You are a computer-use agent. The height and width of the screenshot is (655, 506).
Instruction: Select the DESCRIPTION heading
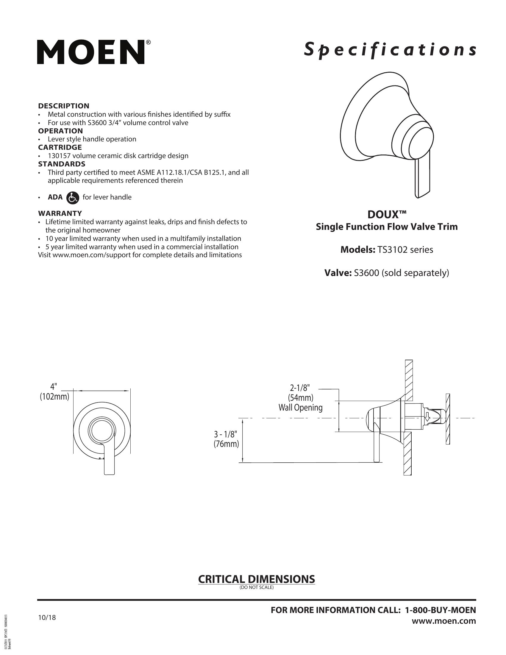coord(64,106)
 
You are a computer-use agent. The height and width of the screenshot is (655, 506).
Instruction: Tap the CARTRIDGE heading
coord(60,147)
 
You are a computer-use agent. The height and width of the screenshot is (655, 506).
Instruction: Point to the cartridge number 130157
coord(58,156)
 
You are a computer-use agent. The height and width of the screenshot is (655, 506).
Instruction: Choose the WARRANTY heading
coord(60,213)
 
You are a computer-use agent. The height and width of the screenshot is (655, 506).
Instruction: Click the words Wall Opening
coord(300,408)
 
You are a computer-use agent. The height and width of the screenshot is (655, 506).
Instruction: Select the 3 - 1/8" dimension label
coord(226,434)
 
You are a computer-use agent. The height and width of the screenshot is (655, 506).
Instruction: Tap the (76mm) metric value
coord(226,444)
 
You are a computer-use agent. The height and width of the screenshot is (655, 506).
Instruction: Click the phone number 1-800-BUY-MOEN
coord(440,610)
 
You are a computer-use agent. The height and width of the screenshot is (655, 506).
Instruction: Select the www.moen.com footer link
coord(444,621)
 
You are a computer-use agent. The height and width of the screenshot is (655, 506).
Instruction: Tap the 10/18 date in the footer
coord(47,618)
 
